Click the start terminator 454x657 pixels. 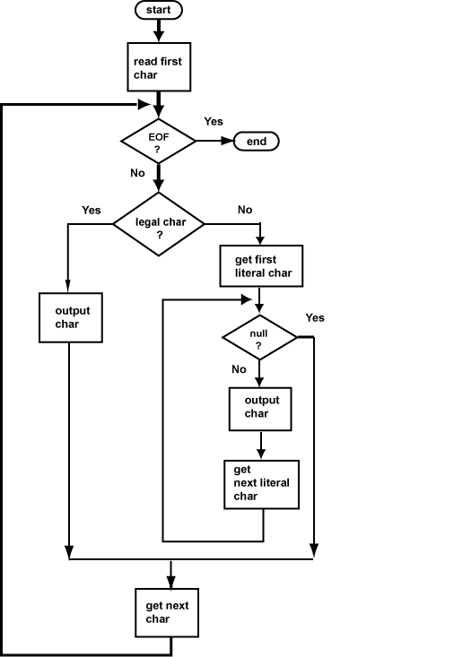[x=158, y=10]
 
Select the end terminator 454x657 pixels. [x=257, y=141]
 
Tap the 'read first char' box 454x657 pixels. [x=158, y=68]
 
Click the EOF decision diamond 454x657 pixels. [x=158, y=142]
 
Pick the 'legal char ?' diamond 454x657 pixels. [x=158, y=223]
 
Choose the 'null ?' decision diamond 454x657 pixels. [x=258, y=339]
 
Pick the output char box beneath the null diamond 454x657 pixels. [x=262, y=407]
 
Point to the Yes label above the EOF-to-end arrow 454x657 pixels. [x=214, y=121]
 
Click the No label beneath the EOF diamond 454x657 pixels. [x=137, y=172]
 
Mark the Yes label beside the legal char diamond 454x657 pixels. [x=92, y=210]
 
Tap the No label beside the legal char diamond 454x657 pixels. [x=245, y=210]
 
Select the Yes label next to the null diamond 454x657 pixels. [x=315, y=317]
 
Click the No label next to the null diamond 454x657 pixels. [x=239, y=368]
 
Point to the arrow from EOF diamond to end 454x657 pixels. [x=215, y=141]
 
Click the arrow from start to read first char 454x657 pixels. [x=158, y=30]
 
